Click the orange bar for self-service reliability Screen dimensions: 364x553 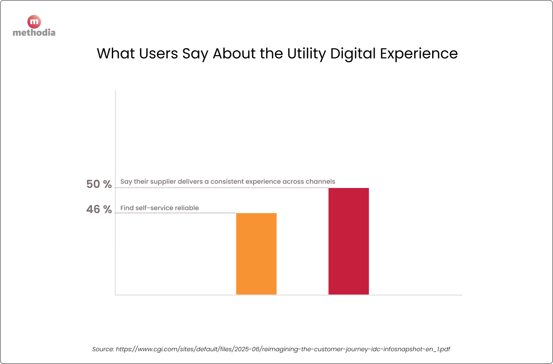(x=256, y=254)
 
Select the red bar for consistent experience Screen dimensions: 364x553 (x=348, y=241)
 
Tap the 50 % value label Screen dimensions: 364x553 (x=99, y=184)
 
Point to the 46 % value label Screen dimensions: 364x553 (x=99, y=209)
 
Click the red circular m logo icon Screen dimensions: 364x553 (x=34, y=22)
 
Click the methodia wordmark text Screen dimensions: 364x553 (x=34, y=32)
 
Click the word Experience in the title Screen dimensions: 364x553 (x=419, y=54)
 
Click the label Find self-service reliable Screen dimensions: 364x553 (x=160, y=208)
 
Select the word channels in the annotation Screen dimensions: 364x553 (x=320, y=182)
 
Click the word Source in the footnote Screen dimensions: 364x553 (x=103, y=349)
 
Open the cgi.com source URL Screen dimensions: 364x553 (x=283, y=349)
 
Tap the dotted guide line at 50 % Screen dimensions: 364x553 (x=221, y=188)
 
